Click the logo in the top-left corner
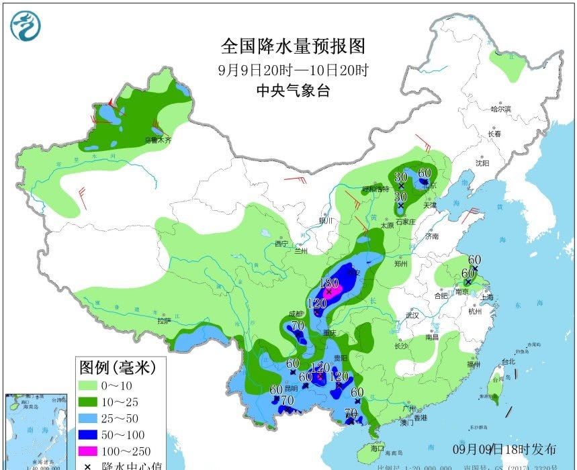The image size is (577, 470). coord(26,26)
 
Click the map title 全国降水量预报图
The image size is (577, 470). coord(294,46)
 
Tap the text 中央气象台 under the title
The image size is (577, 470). coord(294,92)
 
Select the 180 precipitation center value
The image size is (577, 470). coord(329,283)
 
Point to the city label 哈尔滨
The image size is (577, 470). coord(500,108)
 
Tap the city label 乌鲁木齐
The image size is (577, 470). coord(159,140)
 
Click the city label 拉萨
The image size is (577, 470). coord(165,321)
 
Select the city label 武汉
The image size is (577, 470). coord(412,315)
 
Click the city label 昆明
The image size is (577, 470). coord(290,389)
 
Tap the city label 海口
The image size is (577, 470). coord(377,447)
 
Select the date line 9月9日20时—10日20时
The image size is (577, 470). coord(294,70)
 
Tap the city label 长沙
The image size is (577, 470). coord(401,346)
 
